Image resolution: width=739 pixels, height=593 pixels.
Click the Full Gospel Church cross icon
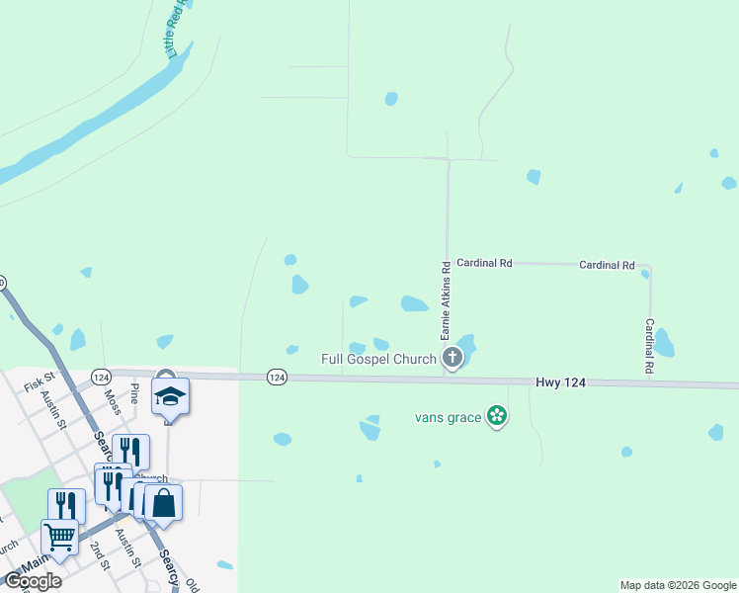click(452, 357)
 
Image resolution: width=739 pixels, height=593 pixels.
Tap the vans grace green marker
click(498, 417)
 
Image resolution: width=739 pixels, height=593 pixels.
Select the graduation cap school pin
click(170, 396)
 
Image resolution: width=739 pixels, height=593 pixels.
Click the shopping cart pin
click(60, 537)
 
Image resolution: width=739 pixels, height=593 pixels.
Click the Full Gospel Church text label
click(379, 358)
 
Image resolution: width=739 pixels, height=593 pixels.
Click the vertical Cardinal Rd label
click(650, 345)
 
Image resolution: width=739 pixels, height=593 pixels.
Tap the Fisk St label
click(39, 381)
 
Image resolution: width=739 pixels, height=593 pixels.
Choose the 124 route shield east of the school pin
click(277, 377)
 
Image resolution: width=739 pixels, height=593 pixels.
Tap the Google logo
click(33, 581)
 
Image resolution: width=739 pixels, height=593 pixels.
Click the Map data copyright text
click(677, 585)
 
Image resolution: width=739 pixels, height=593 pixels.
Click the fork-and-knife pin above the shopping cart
click(66, 505)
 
